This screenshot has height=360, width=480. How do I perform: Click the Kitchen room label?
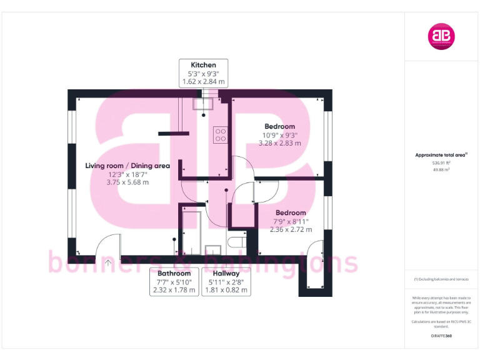pyautogui.click(x=203, y=64)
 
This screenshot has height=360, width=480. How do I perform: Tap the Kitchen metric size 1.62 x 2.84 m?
pyautogui.click(x=203, y=82)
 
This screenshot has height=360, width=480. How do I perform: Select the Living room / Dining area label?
pyautogui.click(x=127, y=166)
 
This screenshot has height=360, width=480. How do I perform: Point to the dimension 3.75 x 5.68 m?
pyautogui.click(x=127, y=182)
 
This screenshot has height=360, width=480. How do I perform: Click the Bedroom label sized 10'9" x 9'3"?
pyautogui.click(x=279, y=126)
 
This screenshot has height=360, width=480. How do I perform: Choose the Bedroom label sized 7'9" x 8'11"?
pyautogui.click(x=291, y=212)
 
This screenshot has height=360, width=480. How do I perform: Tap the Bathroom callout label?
pyautogui.click(x=174, y=273)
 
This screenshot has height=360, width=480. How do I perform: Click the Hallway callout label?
pyautogui.click(x=226, y=273)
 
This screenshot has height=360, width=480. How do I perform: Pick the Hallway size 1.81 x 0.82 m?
pyautogui.click(x=226, y=290)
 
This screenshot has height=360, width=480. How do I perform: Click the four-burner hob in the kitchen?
pyautogui.click(x=220, y=135)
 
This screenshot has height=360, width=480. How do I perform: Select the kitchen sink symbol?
pyautogui.click(x=204, y=104)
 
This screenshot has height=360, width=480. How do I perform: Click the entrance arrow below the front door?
pyautogui.click(x=108, y=263)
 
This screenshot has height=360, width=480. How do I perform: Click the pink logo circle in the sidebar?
pyautogui.click(x=441, y=36)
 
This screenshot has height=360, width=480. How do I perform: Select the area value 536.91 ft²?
pyautogui.click(x=441, y=162)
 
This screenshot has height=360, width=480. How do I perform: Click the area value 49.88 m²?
pyautogui.click(x=441, y=169)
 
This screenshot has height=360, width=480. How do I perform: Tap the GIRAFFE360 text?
pyautogui.click(x=441, y=336)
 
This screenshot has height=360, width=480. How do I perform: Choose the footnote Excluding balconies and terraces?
pyautogui.click(x=441, y=279)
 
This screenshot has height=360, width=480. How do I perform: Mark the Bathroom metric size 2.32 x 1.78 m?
pyautogui.click(x=174, y=290)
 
